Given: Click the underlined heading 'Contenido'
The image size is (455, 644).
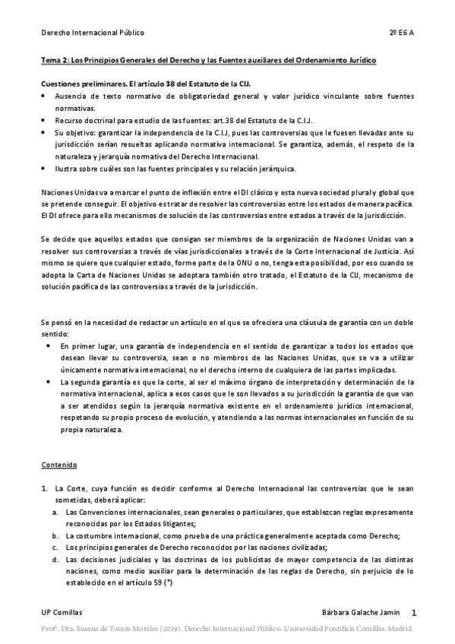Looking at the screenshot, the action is pyautogui.click(x=59, y=464).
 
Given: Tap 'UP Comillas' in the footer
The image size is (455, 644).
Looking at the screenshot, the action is pyautogui.click(x=62, y=612).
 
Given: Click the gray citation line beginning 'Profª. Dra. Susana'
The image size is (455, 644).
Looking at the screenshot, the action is pyautogui.click(x=227, y=630).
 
